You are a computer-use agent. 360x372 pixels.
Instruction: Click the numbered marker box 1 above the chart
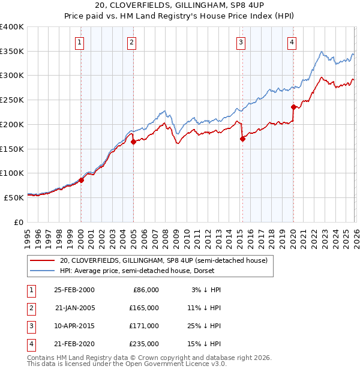[80, 42]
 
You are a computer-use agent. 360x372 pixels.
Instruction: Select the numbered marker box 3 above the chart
[241, 42]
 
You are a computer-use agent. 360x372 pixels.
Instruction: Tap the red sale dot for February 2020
[293, 107]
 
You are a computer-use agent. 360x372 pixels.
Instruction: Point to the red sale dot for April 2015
[242, 139]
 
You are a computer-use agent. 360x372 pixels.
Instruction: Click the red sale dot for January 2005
[133, 142]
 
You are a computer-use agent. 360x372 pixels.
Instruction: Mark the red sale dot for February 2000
[81, 180]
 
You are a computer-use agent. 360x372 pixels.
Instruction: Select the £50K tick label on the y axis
[14, 197]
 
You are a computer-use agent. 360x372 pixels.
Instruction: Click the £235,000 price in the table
[144, 344]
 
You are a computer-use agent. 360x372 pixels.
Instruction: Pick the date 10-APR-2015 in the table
[74, 326]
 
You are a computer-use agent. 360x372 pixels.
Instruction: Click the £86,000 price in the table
[146, 290]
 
